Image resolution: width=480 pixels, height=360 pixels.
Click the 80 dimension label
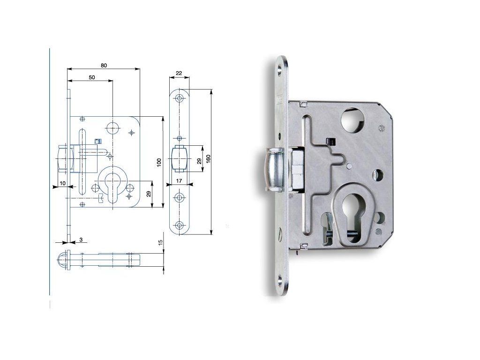[x=104, y=65]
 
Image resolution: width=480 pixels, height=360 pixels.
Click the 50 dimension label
[x=92, y=77]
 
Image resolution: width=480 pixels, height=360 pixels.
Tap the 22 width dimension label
[x=179, y=73]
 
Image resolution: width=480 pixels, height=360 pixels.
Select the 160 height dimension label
[x=208, y=159]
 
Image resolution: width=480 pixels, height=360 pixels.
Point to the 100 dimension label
[x=159, y=162]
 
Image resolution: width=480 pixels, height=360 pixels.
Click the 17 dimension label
[x=179, y=181]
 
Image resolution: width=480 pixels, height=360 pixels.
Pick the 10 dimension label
[x=62, y=183]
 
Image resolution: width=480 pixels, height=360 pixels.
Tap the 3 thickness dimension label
[x=81, y=240]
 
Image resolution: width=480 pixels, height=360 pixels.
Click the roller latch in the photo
[x=275, y=169]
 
